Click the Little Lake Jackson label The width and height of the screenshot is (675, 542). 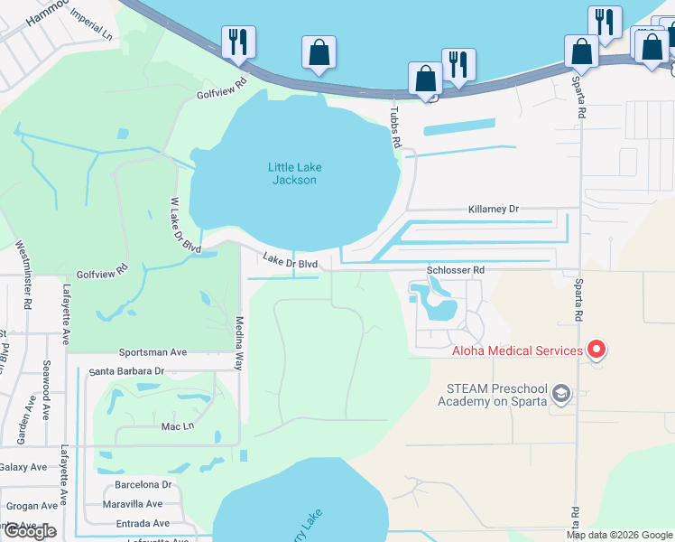(x=294, y=173)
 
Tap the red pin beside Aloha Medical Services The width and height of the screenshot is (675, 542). (x=596, y=349)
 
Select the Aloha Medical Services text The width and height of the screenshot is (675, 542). (x=517, y=350)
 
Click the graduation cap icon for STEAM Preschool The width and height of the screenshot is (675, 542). (x=561, y=392)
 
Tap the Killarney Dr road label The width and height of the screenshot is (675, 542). (x=494, y=209)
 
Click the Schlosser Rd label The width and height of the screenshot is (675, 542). (x=455, y=269)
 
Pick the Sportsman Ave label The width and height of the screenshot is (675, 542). (x=153, y=352)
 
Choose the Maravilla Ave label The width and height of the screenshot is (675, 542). (x=132, y=503)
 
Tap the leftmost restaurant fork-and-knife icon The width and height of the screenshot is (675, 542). (x=238, y=42)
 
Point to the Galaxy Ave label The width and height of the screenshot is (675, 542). (x=23, y=466)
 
